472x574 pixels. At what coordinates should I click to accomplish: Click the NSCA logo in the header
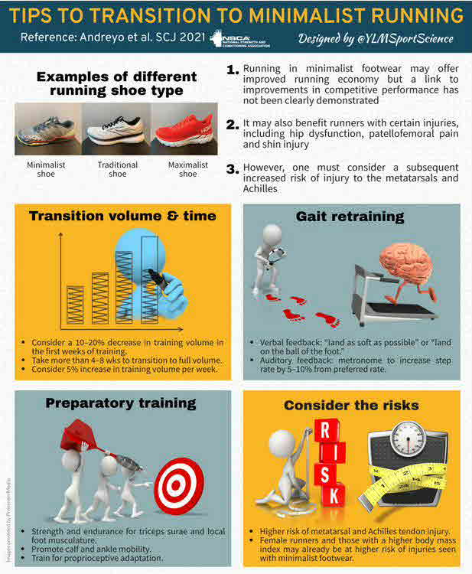(240, 39)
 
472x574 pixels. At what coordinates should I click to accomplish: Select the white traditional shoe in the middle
(116, 130)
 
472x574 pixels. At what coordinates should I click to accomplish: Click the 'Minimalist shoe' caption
(46, 169)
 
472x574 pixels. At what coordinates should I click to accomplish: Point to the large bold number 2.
(233, 125)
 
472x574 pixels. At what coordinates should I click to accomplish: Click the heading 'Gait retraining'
(350, 217)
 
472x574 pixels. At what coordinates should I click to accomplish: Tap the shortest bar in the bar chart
(75, 305)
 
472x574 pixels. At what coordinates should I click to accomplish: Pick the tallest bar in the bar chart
(150, 280)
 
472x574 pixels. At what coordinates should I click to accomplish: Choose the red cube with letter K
(334, 497)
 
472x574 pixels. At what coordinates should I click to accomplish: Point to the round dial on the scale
(408, 438)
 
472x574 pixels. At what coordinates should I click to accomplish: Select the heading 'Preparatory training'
(121, 403)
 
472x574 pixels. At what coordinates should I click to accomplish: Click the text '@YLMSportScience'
(405, 39)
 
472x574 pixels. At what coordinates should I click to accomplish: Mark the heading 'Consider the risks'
(351, 405)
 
